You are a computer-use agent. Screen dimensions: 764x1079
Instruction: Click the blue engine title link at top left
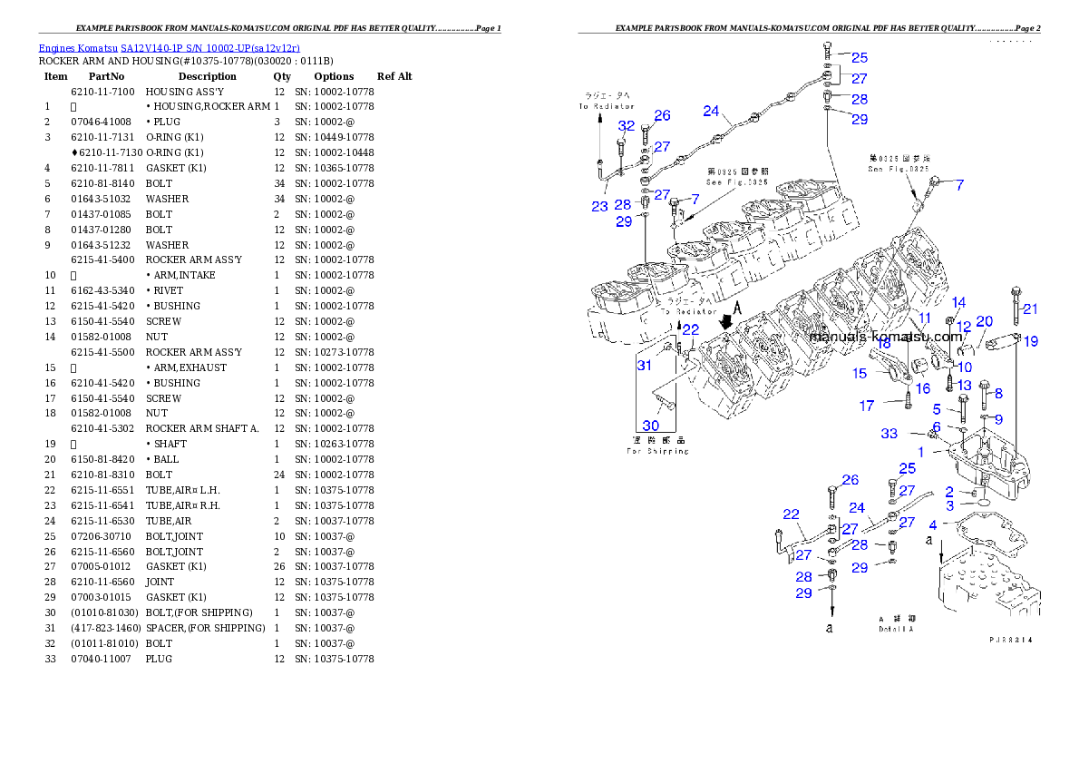click(169, 47)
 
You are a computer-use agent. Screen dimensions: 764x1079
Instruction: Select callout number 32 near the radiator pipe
click(627, 126)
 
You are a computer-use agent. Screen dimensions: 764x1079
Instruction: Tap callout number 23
click(599, 206)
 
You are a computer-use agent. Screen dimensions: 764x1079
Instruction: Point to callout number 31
click(644, 365)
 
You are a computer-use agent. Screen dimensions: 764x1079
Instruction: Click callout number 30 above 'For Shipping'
click(651, 426)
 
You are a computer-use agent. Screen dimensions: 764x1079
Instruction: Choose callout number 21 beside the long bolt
click(1030, 309)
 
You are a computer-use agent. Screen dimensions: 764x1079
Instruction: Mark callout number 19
click(1031, 341)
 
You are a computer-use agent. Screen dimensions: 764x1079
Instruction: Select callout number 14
click(958, 302)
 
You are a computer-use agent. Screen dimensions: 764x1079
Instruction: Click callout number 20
click(984, 321)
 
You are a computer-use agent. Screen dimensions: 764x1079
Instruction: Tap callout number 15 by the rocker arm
click(860, 373)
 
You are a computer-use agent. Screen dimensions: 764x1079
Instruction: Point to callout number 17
click(867, 406)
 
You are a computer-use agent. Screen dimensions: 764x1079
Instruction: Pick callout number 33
click(889, 434)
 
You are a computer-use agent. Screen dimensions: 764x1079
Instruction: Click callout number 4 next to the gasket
click(932, 524)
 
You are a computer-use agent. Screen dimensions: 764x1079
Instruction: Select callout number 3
click(949, 505)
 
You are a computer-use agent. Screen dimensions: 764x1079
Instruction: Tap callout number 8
click(998, 393)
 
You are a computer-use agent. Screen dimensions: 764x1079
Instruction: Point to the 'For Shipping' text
click(657, 451)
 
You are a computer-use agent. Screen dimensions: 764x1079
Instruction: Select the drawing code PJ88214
click(1010, 640)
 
